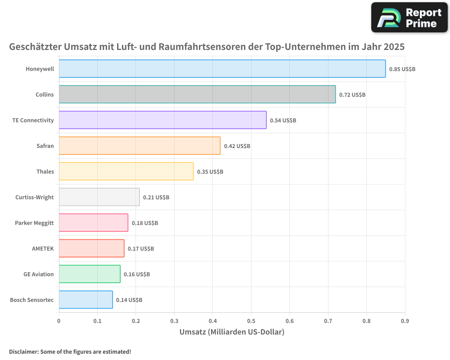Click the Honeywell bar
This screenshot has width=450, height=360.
point(222,69)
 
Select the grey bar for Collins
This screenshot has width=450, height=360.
point(197,94)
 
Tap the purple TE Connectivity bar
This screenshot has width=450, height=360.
point(162,120)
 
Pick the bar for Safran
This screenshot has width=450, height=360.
point(139,146)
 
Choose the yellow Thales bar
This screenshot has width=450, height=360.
point(126,171)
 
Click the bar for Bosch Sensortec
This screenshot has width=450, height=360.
point(85,300)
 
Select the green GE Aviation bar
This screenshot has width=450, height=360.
point(90,274)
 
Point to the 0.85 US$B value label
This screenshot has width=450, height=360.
point(402,69)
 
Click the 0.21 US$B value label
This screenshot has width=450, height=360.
point(156,198)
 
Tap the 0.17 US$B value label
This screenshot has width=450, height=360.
point(141,249)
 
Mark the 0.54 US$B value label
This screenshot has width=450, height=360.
point(283,121)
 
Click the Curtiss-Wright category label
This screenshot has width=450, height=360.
point(35,197)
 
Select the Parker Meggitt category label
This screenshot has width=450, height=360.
point(34,223)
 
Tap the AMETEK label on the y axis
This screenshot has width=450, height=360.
point(43,248)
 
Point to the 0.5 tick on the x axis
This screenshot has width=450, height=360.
point(251,321)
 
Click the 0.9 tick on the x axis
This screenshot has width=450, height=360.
point(405,321)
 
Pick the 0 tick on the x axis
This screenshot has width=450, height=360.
point(59,321)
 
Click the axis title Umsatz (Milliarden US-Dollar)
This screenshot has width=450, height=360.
point(232,332)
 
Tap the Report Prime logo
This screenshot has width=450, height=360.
point(409,18)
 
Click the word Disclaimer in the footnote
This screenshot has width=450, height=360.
point(23,351)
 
